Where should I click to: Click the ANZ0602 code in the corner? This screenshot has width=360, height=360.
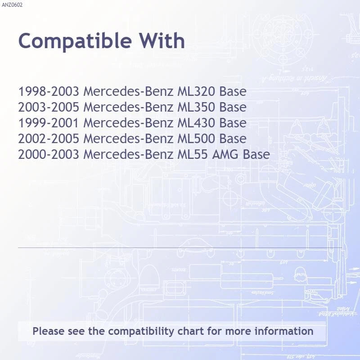pyautogui.click(x=12, y=5)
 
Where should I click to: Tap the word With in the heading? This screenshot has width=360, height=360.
pyautogui.click(x=162, y=40)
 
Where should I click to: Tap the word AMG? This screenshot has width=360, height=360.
pyautogui.click(x=225, y=154)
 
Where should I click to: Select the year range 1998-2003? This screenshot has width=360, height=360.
pyautogui.click(x=49, y=91)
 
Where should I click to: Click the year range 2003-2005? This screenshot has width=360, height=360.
pyautogui.click(x=49, y=107)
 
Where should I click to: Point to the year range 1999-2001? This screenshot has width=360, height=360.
pyautogui.click(x=49, y=123)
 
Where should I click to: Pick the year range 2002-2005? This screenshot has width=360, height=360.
pyautogui.click(x=49, y=139)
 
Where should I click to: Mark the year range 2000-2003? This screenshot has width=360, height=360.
pyautogui.click(x=49, y=154)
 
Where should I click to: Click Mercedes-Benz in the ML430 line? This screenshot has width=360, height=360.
pyautogui.click(x=128, y=123)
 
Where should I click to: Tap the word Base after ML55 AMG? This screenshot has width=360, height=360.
pyautogui.click(x=256, y=154)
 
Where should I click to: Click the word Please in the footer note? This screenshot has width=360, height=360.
pyautogui.click(x=49, y=331)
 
